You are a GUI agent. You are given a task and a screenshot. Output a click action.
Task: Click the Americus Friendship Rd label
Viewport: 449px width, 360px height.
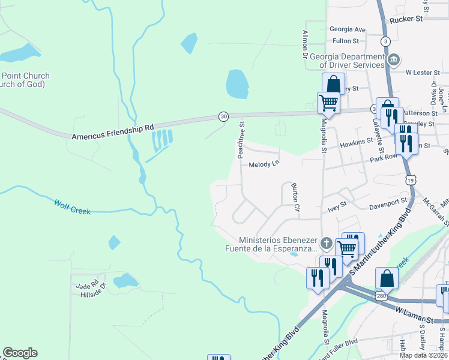click(x=113, y=132)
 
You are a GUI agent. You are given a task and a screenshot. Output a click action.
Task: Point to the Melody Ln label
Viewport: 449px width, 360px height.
click(x=264, y=164)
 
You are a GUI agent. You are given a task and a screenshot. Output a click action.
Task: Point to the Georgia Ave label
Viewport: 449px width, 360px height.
click(x=348, y=29)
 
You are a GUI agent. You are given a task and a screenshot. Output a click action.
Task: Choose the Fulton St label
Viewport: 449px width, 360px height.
click(x=345, y=41)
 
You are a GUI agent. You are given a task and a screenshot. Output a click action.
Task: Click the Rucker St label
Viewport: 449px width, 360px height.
click(x=406, y=19)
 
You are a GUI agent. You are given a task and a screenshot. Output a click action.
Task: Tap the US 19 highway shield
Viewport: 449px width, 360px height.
click(x=410, y=179)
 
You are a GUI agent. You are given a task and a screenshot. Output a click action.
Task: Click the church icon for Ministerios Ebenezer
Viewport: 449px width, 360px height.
click(x=326, y=244)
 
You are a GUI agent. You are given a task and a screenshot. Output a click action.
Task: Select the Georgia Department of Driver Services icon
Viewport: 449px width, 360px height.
click(x=394, y=59)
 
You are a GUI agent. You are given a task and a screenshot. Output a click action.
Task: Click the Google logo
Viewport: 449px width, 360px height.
click(x=20, y=353)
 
